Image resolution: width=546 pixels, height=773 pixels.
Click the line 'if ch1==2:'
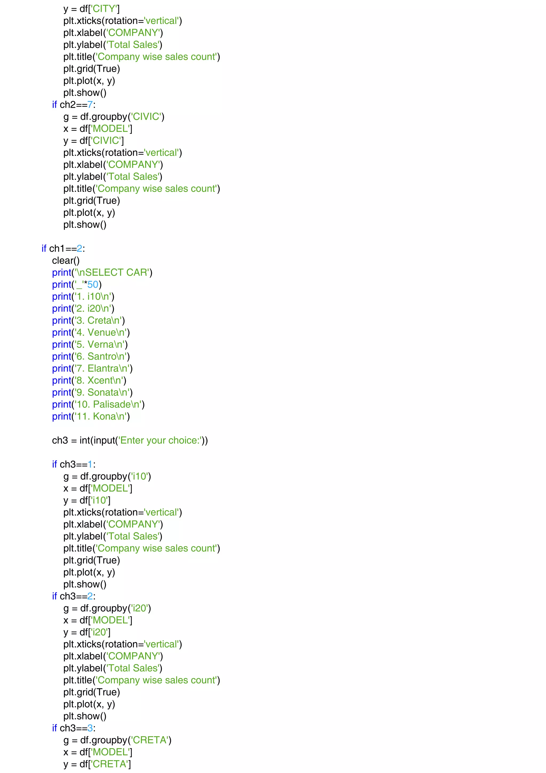point(63,249)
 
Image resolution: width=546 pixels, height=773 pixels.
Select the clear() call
point(66,261)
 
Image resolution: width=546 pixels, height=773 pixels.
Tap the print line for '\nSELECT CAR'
point(102,272)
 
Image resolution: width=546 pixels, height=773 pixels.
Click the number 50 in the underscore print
point(93,285)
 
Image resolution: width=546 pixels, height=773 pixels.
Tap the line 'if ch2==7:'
point(74,105)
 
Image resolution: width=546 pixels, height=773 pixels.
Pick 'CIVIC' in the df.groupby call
point(146,117)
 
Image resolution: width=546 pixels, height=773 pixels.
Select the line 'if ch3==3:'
point(74,728)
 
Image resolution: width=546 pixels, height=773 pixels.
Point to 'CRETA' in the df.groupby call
point(150,740)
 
